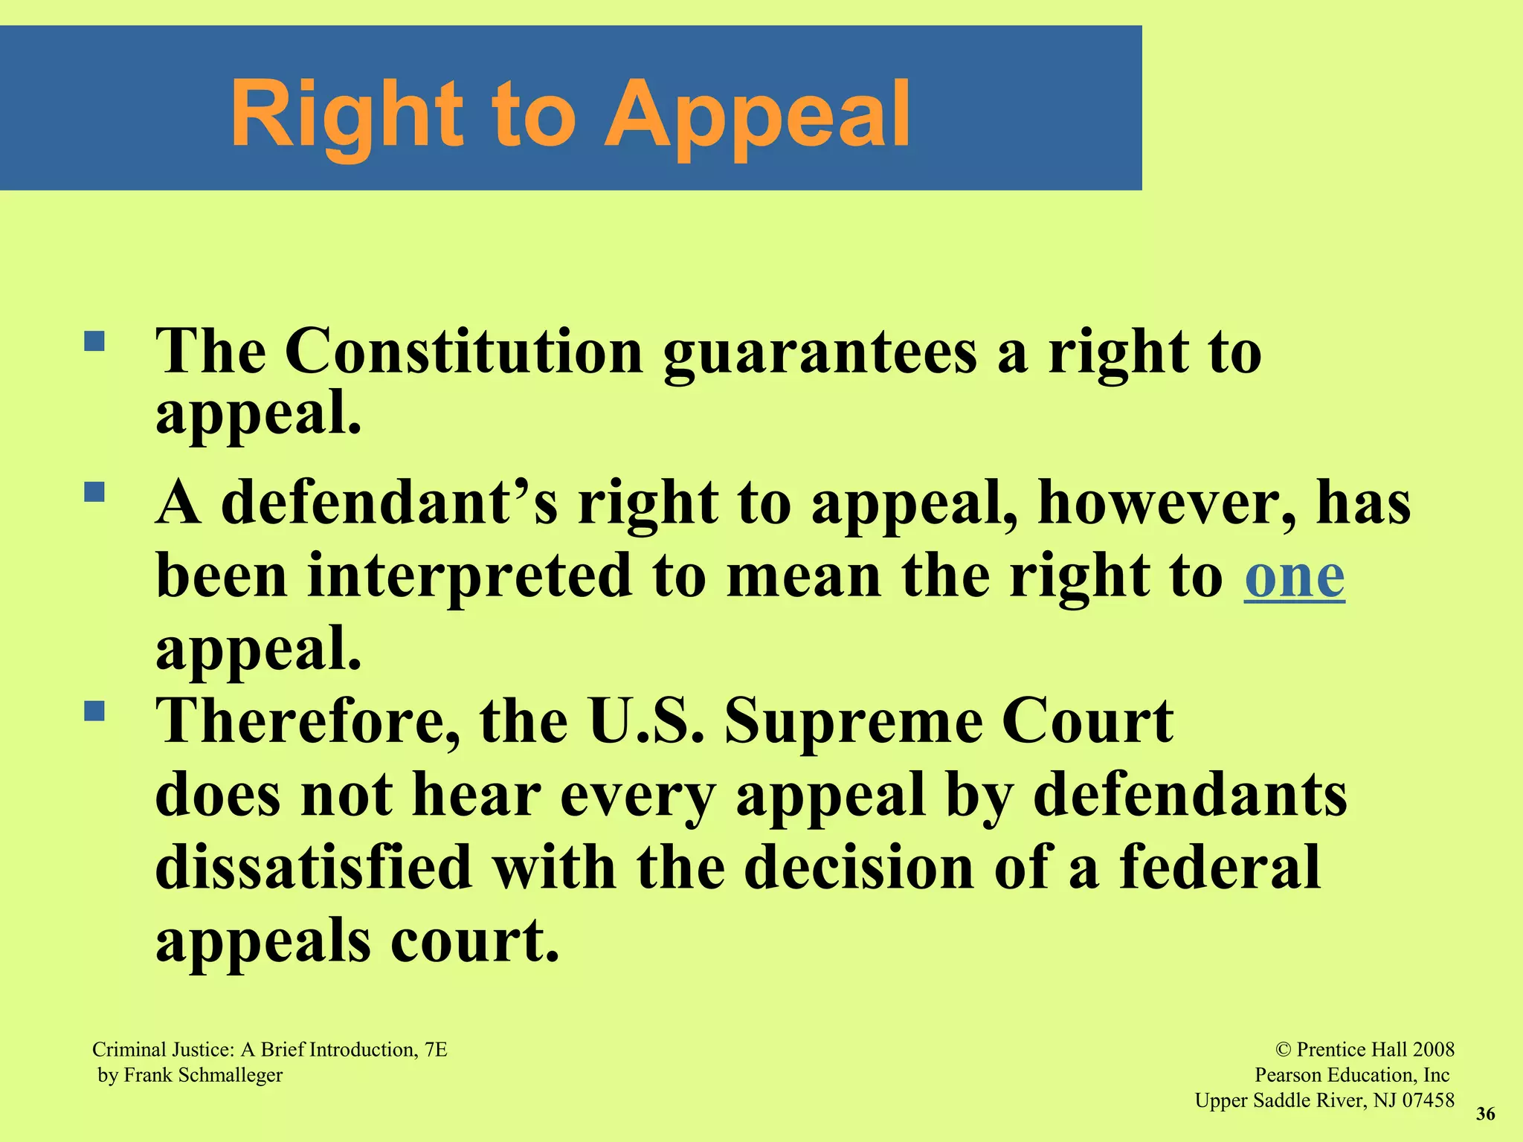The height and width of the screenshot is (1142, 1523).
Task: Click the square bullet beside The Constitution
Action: pyautogui.click(x=94, y=341)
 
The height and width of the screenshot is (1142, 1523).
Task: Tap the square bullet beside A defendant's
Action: pyautogui.click(x=94, y=492)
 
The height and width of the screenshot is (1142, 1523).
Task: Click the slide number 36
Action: pyautogui.click(x=1485, y=1114)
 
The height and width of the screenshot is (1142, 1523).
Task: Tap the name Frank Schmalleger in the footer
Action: pyautogui.click(x=203, y=1075)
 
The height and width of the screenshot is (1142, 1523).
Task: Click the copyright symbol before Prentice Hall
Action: pyautogui.click(x=1284, y=1050)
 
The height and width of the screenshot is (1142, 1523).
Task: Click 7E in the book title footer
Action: pyautogui.click(x=435, y=1050)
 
